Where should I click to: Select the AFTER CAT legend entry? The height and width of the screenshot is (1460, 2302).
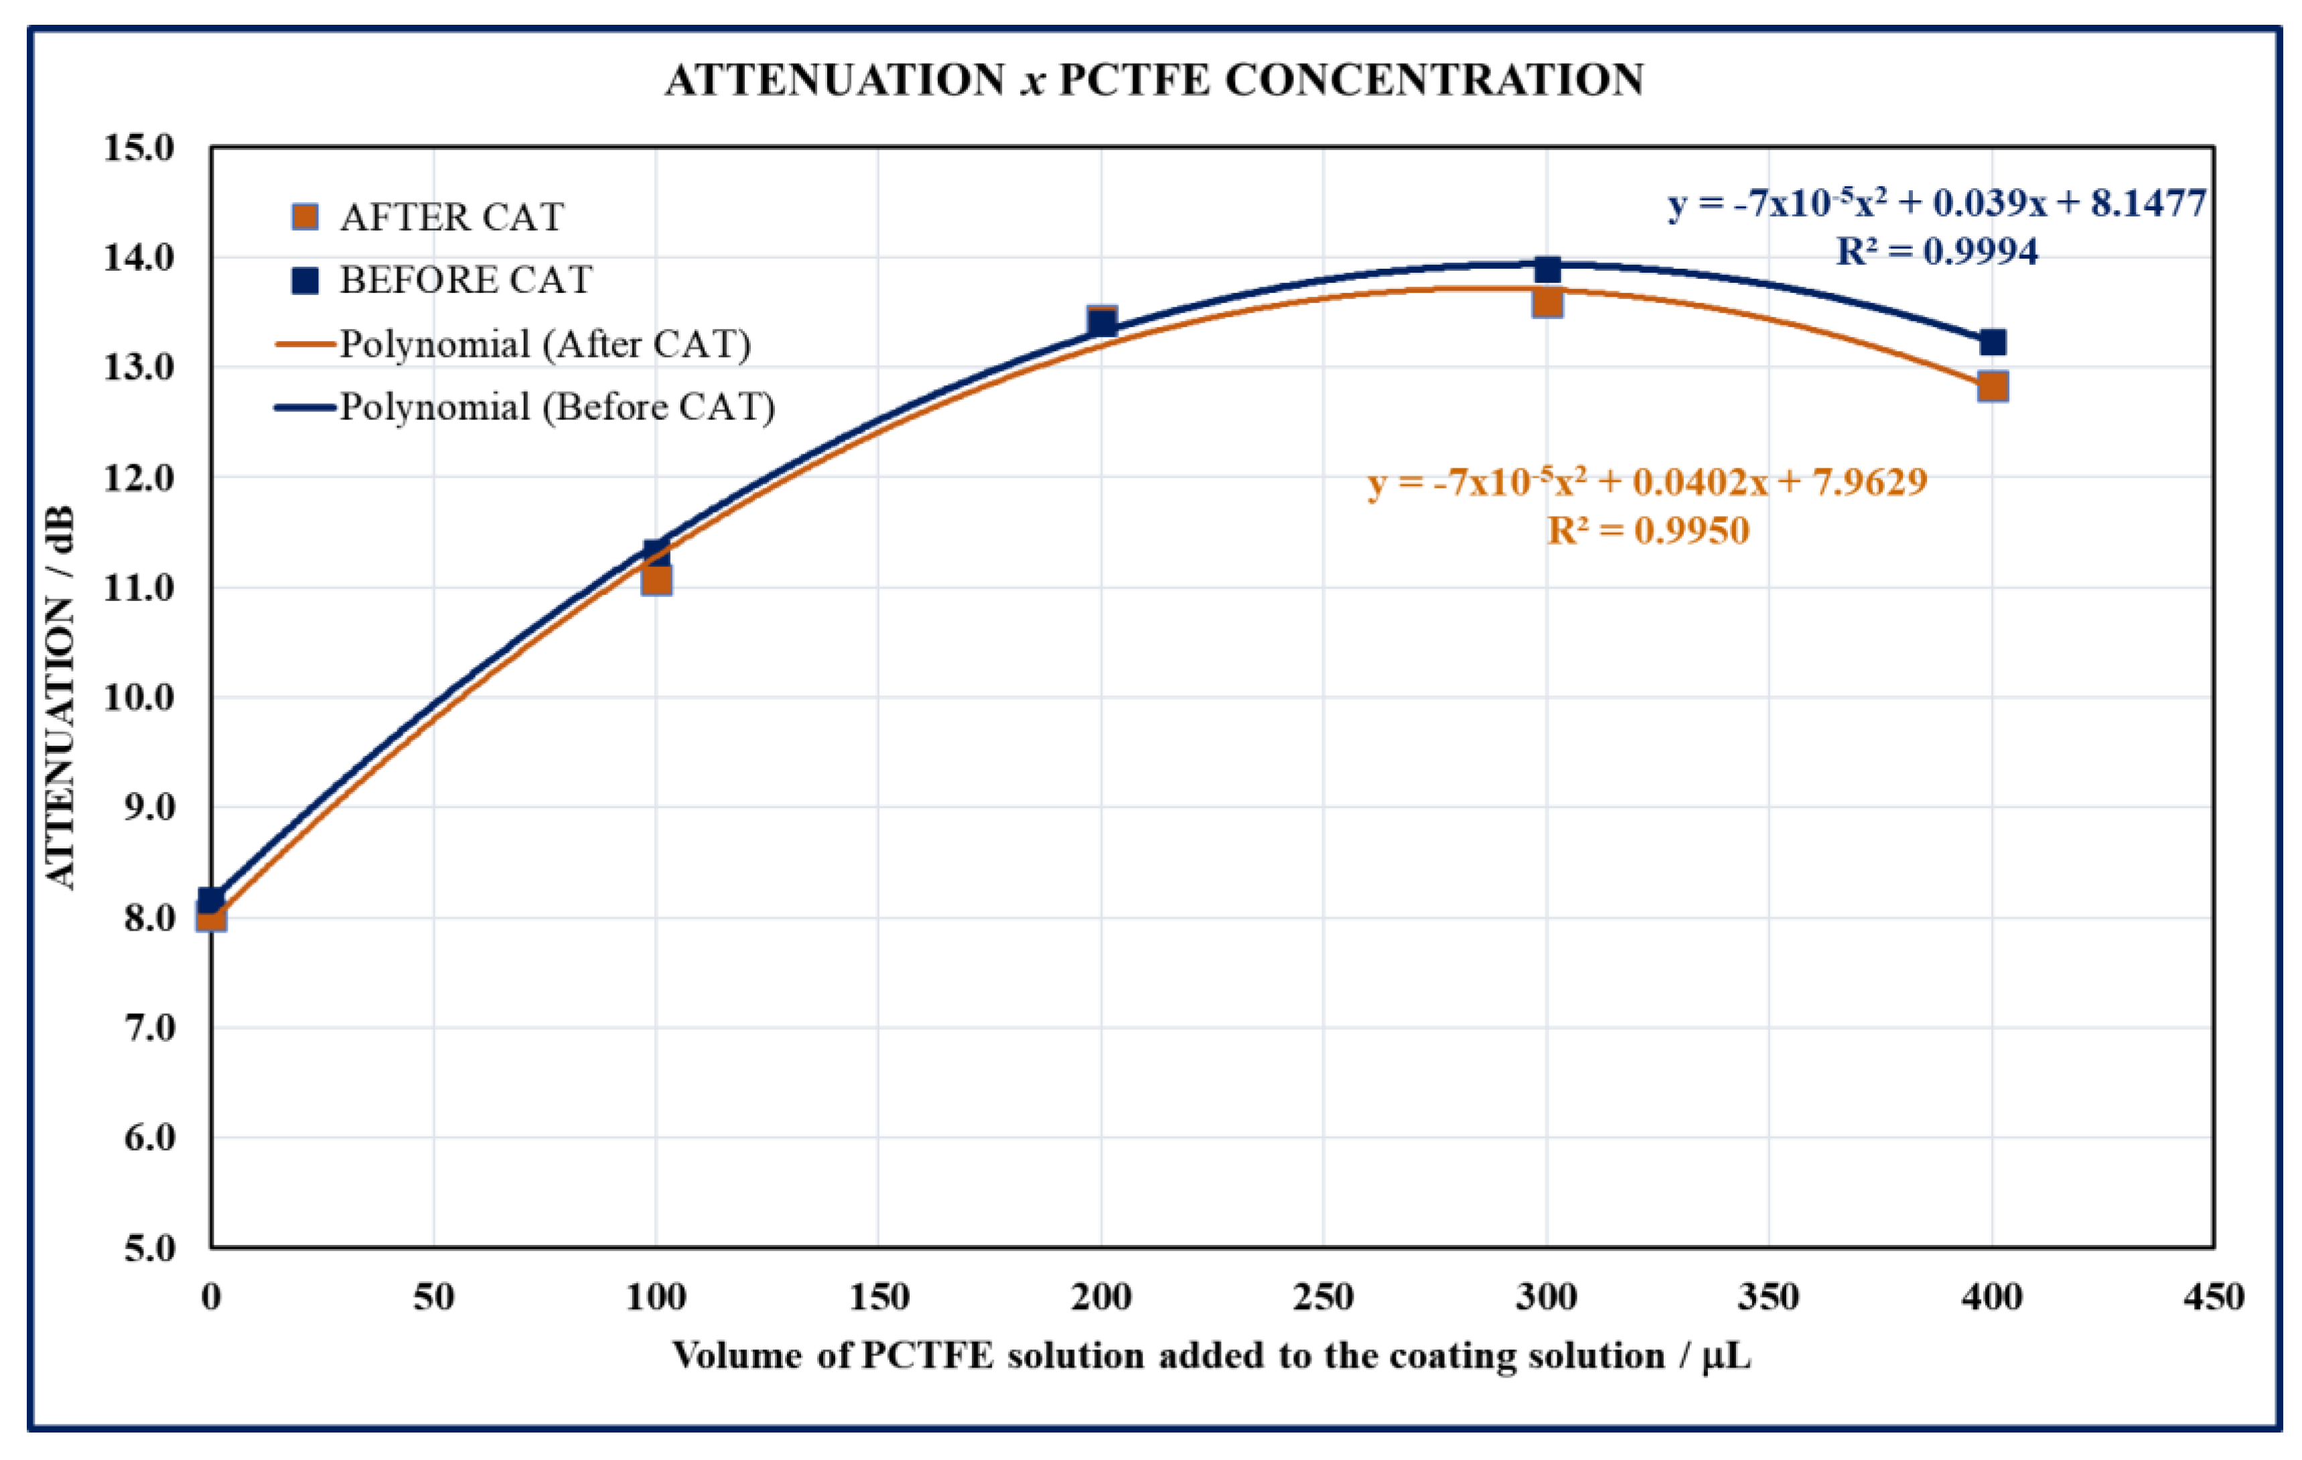click(451, 217)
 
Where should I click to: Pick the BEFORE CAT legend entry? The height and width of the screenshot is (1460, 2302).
click(465, 280)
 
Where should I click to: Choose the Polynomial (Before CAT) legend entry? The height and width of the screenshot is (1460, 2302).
click(557, 407)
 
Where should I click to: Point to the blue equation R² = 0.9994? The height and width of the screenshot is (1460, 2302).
click(1937, 251)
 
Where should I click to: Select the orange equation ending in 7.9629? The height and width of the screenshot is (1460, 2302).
click(1647, 482)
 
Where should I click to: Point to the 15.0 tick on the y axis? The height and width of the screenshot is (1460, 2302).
click(139, 148)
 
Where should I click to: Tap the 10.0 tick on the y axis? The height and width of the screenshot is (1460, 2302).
click(139, 698)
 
